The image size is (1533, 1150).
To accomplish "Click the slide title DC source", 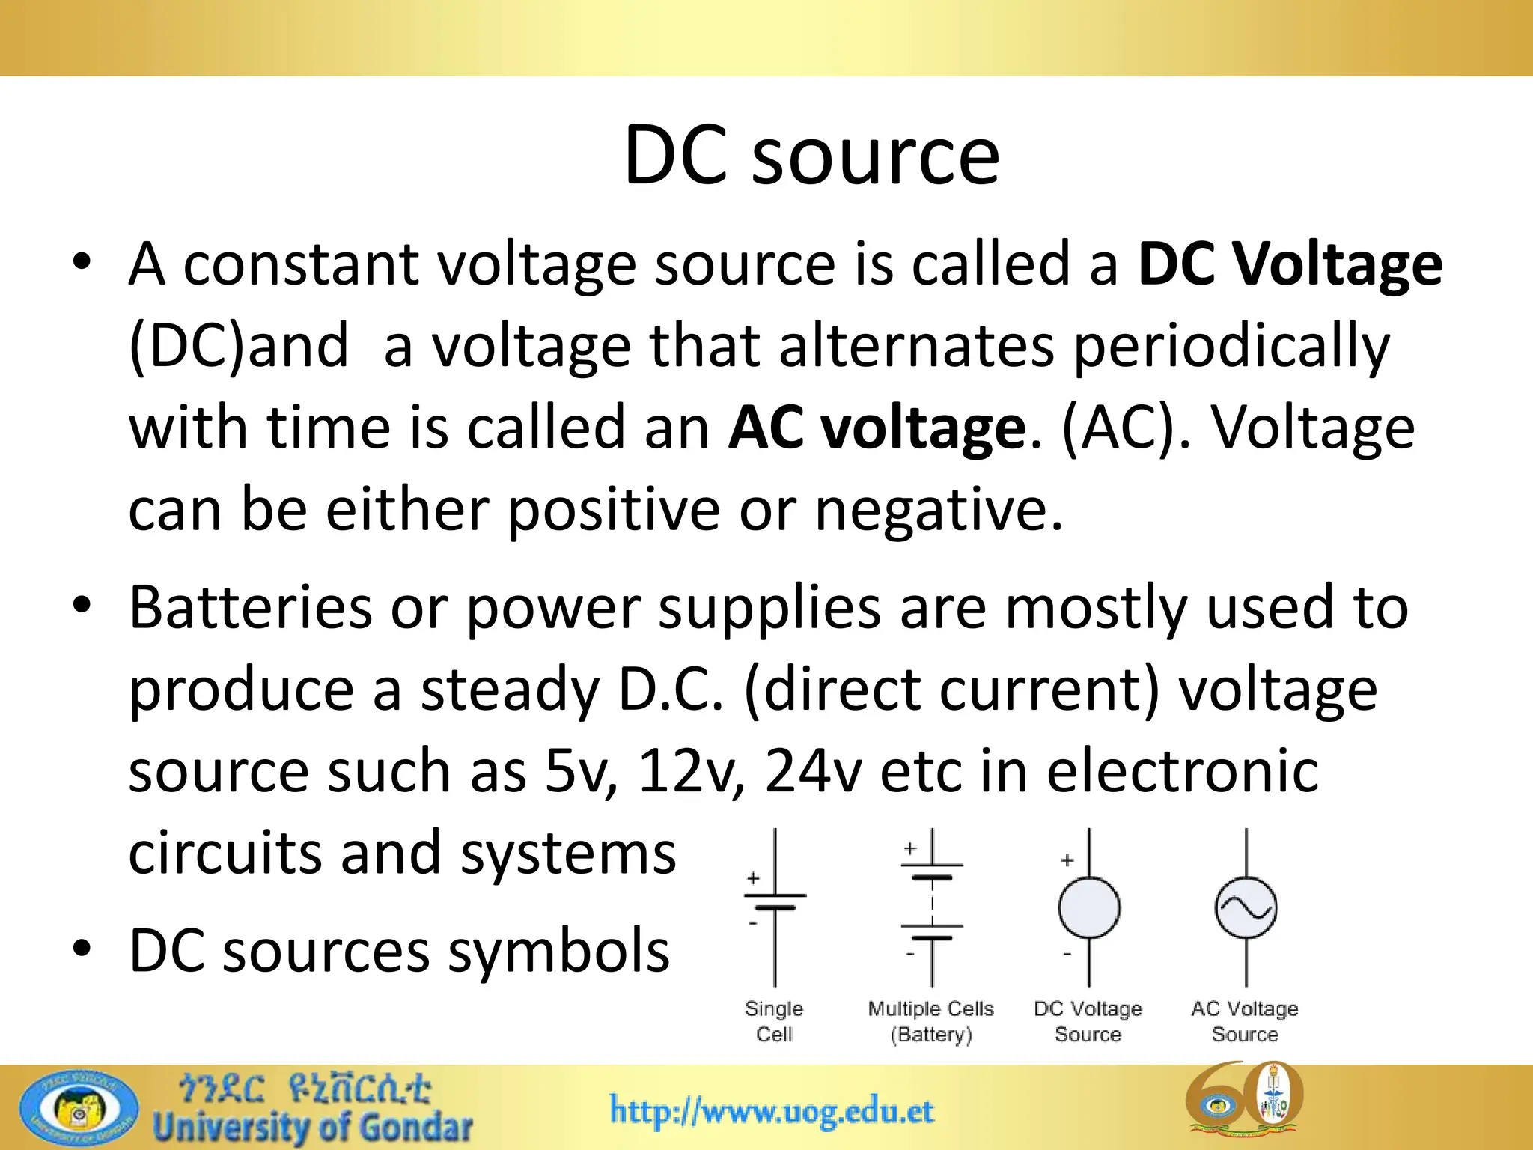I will tap(811, 156).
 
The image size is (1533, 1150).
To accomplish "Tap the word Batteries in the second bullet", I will tap(251, 607).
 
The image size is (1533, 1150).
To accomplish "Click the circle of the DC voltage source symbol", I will tap(1088, 908).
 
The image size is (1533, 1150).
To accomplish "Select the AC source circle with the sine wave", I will tap(1246, 908).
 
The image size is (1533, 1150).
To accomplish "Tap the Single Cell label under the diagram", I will tap(774, 1021).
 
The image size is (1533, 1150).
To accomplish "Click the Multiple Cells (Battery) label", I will tap(931, 1021).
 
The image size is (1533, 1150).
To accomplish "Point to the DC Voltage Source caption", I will tap(1088, 1021).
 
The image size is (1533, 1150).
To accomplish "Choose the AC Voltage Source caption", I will tap(1245, 1021).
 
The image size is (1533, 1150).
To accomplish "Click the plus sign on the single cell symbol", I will tap(753, 878).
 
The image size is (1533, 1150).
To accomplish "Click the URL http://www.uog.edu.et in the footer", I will tap(772, 1111).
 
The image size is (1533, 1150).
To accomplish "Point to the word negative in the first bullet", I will tap(939, 510).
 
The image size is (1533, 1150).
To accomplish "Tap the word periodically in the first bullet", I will tap(1231, 346).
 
